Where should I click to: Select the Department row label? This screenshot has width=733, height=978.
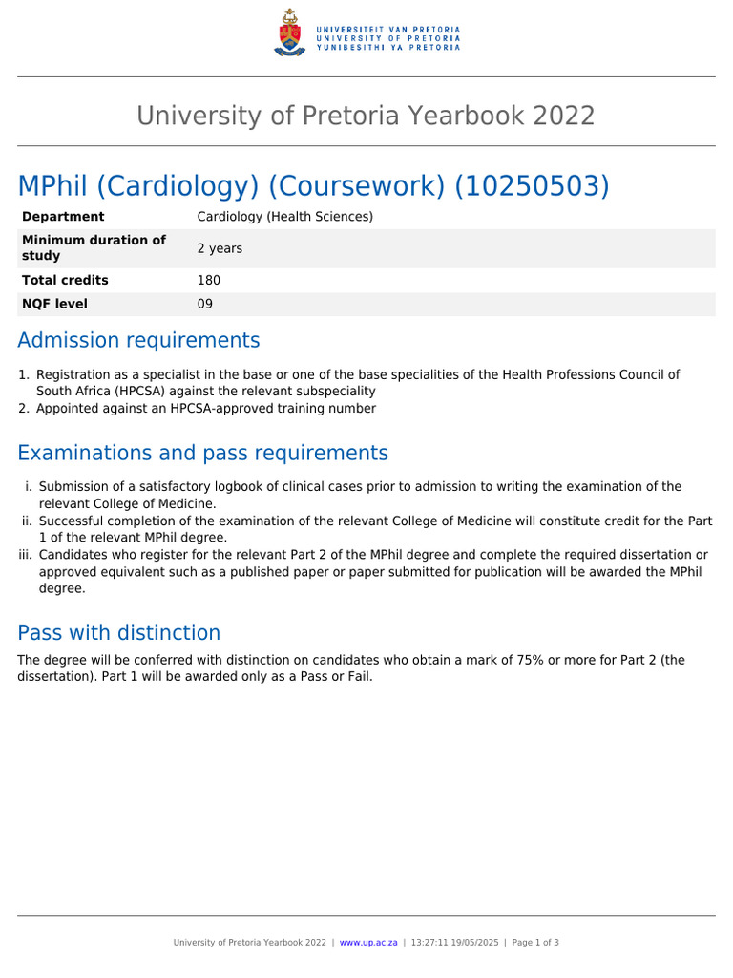pyautogui.click(x=63, y=217)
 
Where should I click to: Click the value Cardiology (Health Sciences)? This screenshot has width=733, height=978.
pyautogui.click(x=284, y=217)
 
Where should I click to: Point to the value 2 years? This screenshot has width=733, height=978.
pyautogui.click(x=220, y=248)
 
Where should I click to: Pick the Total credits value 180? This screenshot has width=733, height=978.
pyautogui.click(x=208, y=280)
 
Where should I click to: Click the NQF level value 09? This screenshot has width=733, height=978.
pyautogui.click(x=205, y=304)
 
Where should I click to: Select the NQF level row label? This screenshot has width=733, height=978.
pyautogui.click(x=54, y=304)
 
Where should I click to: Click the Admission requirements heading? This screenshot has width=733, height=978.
pyautogui.click(x=138, y=340)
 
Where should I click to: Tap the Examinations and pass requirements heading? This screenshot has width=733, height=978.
pyautogui.click(x=202, y=452)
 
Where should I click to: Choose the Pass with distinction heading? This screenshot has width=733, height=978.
pyautogui.click(x=118, y=632)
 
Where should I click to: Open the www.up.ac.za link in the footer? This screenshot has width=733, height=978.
pyautogui.click(x=367, y=942)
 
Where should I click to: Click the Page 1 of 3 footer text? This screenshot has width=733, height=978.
pyautogui.click(x=535, y=942)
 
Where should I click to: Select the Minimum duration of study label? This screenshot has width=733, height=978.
pyautogui.click(x=93, y=247)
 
